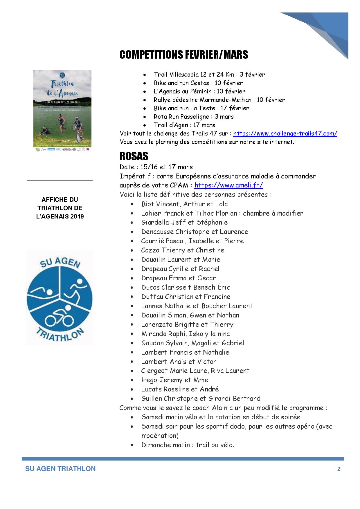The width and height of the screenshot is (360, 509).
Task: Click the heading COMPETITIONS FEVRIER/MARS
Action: [183, 55]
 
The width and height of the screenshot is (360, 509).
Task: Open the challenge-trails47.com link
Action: [285, 133]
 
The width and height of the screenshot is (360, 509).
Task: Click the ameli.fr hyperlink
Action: [228, 185]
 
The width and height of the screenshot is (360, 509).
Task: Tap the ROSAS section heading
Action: [134, 156]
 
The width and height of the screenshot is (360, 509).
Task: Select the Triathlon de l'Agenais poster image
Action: [62, 111]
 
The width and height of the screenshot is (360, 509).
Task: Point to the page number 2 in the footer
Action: [339, 469]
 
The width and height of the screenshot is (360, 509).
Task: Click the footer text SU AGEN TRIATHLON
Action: [60, 469]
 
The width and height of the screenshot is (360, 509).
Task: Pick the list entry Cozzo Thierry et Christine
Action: [183, 250]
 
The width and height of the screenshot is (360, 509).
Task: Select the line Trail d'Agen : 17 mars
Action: [184, 125]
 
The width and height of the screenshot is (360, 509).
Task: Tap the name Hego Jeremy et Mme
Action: [174, 380]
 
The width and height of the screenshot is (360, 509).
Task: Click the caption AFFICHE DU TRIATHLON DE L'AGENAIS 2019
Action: [60, 208]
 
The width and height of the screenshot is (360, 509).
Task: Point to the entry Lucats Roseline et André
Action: [180, 389]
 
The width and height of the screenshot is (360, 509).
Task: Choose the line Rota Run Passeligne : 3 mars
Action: [194, 117]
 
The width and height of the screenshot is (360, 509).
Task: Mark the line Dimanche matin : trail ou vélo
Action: [188, 445]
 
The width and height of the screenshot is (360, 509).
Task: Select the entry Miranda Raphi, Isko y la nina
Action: [186, 334]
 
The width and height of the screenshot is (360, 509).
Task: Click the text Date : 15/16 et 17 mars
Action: [156, 167]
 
